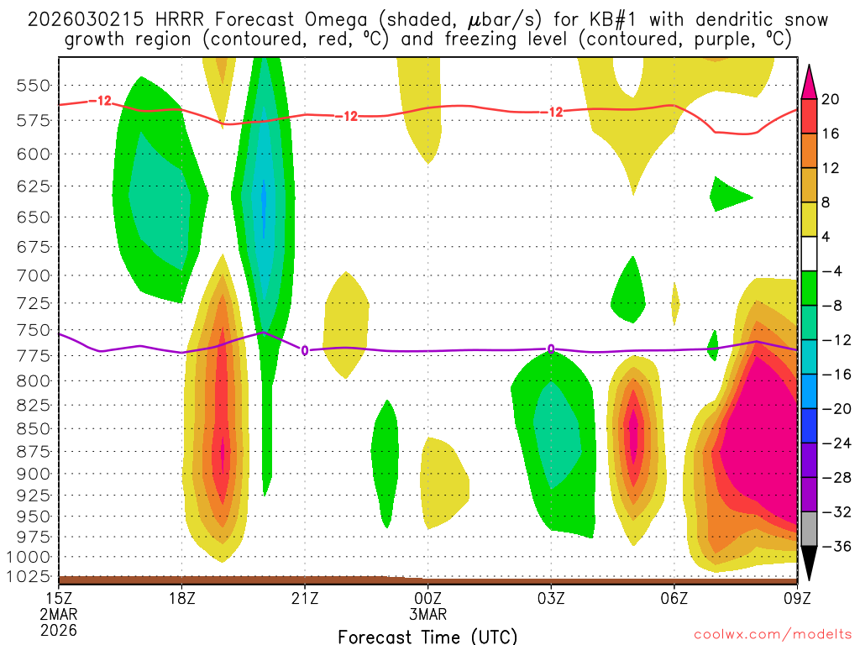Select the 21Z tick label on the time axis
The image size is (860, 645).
tap(305, 599)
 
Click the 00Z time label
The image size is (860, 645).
tap(428, 599)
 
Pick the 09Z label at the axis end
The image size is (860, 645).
tap(796, 599)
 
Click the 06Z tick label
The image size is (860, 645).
tap(674, 599)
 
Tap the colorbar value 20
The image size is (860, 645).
tap(831, 99)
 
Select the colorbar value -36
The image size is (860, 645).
tap(831, 547)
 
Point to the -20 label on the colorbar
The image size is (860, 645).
tap(831, 409)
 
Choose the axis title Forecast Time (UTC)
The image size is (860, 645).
tap(427, 636)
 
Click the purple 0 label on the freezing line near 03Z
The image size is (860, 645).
tap(551, 349)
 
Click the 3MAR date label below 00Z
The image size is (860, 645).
tap(428, 614)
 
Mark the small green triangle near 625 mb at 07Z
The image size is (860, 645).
tap(726, 196)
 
